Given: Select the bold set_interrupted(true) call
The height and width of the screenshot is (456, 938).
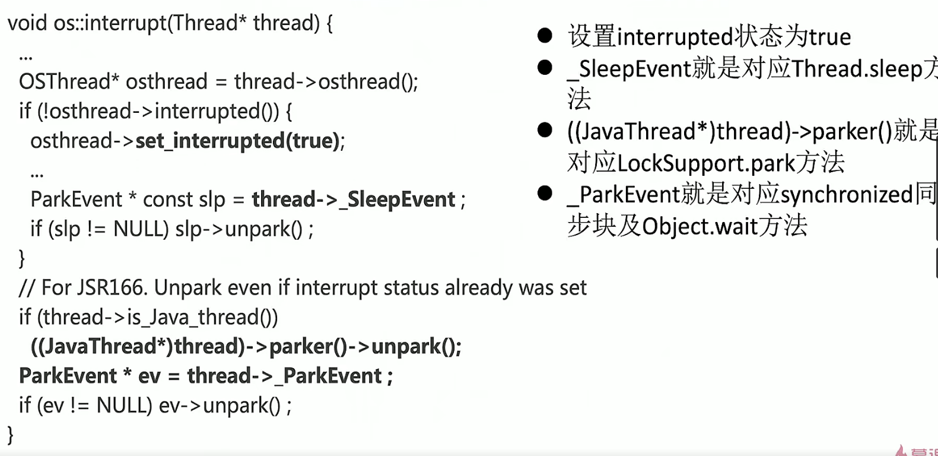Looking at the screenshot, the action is click(237, 141).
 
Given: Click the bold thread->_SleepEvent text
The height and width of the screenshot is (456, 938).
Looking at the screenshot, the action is click(353, 199).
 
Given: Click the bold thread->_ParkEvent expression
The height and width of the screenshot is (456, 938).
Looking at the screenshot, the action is click(285, 376).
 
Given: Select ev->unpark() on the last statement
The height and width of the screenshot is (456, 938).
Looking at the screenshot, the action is click(220, 406).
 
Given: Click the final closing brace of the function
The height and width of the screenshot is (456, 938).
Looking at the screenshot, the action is click(10, 435).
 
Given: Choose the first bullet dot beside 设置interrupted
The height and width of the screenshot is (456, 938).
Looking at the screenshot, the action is click(545, 36).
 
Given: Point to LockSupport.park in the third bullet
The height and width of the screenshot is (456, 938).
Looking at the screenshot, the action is click(705, 163).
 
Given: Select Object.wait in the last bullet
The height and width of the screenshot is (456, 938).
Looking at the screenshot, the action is click(700, 226).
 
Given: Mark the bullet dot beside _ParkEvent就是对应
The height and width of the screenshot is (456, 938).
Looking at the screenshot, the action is click(545, 194).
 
